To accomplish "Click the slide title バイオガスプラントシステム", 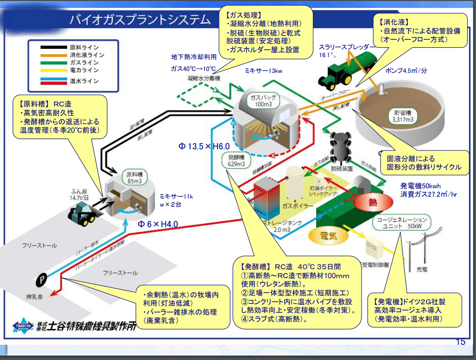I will click(x=140, y=20).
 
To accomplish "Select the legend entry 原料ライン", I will click(x=84, y=47).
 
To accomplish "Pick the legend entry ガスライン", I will click(x=84, y=63).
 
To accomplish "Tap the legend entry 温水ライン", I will click(x=84, y=80).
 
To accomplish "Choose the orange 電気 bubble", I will click(x=328, y=236).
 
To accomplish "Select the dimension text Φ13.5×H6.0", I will click(x=204, y=146).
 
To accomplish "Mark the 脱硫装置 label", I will click(x=342, y=168).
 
